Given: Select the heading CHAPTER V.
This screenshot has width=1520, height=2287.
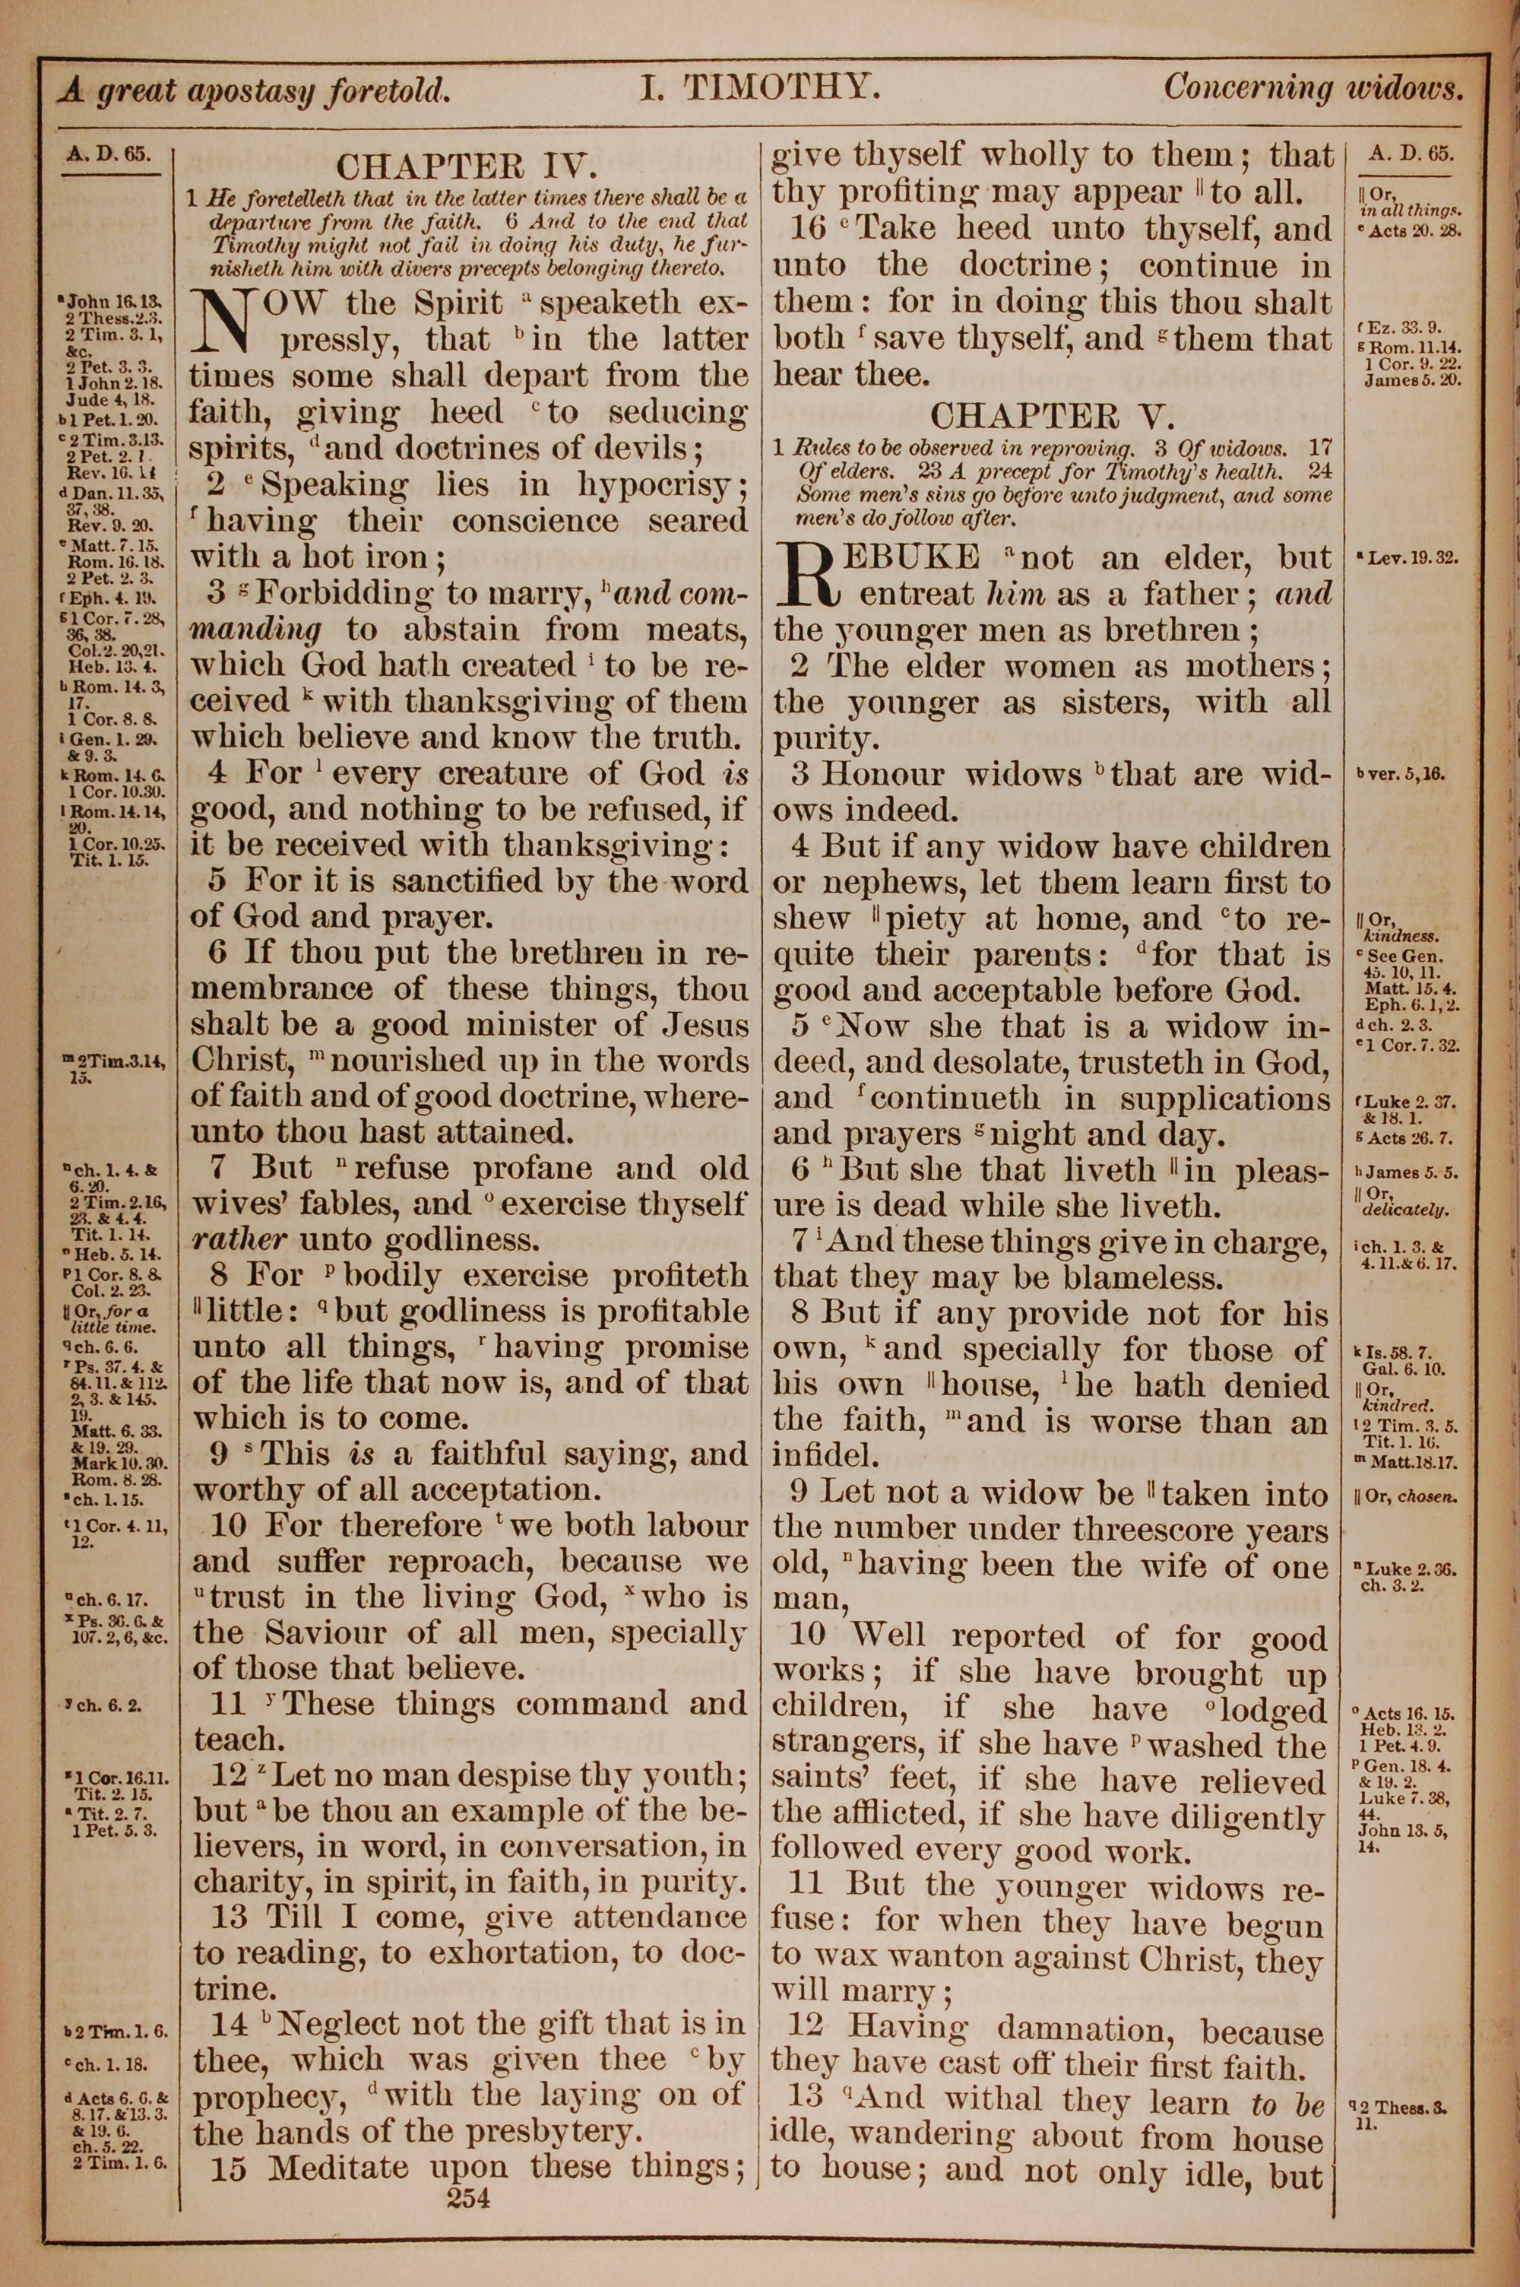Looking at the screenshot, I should (1052, 416).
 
